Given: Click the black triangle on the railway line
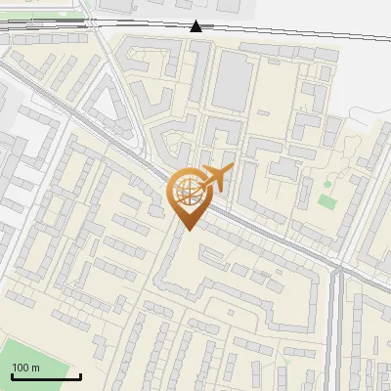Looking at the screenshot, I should pyautogui.click(x=196, y=26).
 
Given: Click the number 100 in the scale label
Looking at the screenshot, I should pyautogui.click(x=21, y=367).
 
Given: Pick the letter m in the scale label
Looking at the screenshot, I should pyautogui.click(x=35, y=367).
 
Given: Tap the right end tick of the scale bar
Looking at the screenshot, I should pyautogui.click(x=80, y=376).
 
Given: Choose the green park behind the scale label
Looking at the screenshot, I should pyautogui.click(x=29, y=357).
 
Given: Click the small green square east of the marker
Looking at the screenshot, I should pyautogui.click(x=326, y=201).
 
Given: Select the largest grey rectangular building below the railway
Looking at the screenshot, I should pyautogui.click(x=231, y=78).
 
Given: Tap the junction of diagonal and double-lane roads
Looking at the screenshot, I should pyautogui.click(x=337, y=267).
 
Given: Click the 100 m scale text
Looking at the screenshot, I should pyautogui.click(x=25, y=367).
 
